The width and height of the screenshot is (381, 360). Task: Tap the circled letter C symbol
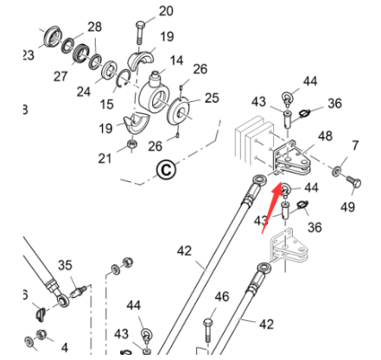tap(166, 170)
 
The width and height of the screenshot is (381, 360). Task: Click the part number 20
tap(165, 11)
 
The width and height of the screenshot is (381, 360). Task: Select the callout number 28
tap(94, 27)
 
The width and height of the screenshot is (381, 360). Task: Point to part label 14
tap(176, 60)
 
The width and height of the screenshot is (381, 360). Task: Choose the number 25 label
tap(211, 98)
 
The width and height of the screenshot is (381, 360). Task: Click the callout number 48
tap(325, 136)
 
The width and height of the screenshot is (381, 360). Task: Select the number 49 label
tap(347, 206)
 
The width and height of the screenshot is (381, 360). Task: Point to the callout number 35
tap(65, 265)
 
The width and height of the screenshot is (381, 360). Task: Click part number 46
tap(222, 297)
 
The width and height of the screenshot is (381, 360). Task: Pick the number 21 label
tap(105, 157)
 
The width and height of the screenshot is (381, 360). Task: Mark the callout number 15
tap(106, 104)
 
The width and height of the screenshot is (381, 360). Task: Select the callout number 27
tap(60, 76)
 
